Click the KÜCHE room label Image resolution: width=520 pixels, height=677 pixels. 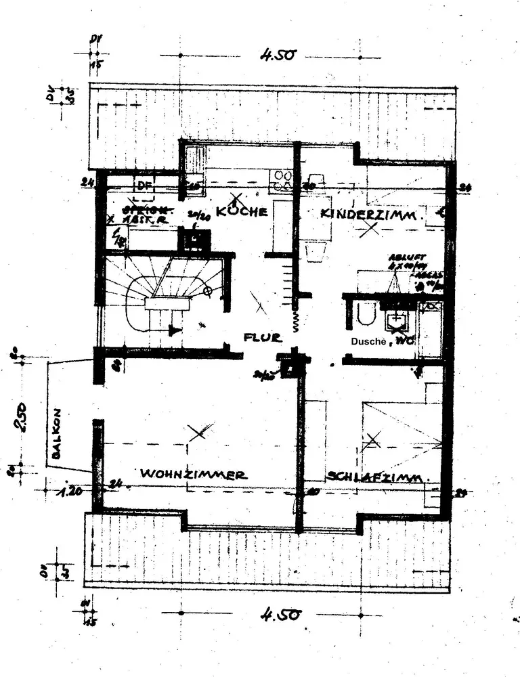(241, 212)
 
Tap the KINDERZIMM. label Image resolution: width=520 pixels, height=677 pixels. (372, 214)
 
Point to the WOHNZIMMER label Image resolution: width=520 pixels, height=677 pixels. (194, 475)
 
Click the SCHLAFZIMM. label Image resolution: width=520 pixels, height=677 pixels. (377, 477)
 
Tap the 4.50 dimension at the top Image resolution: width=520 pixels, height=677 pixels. (277, 55)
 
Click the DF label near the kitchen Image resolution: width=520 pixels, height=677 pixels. (144, 185)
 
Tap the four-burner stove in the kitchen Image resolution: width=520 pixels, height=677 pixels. (281, 179)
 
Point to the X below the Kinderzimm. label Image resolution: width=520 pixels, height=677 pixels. (370, 230)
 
